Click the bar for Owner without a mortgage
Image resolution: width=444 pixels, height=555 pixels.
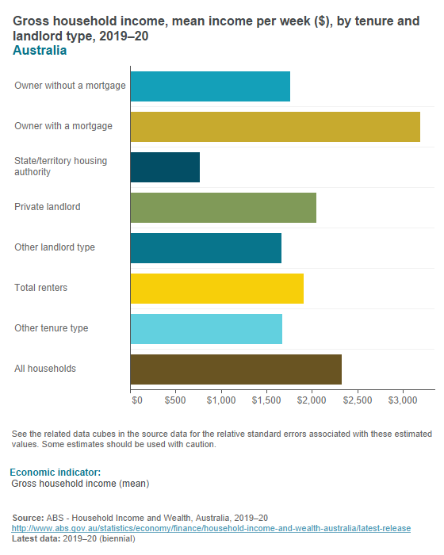click(210, 86)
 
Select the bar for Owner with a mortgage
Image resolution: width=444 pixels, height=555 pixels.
click(275, 126)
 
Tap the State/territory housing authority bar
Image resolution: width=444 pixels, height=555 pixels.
click(165, 166)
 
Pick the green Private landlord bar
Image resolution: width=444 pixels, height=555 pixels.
click(223, 207)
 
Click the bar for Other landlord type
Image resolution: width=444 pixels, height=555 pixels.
click(205, 247)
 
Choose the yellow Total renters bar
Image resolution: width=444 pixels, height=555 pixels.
click(216, 288)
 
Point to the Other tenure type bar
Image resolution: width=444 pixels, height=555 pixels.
click(206, 328)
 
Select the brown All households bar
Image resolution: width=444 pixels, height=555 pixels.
click(235, 369)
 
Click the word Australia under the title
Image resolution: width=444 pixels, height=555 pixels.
click(40, 51)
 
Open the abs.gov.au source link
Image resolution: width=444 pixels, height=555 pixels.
click(210, 528)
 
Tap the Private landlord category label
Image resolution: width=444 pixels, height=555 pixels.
click(48, 207)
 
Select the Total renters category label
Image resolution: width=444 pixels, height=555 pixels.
click(40, 288)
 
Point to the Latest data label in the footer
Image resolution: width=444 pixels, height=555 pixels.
click(36, 539)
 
